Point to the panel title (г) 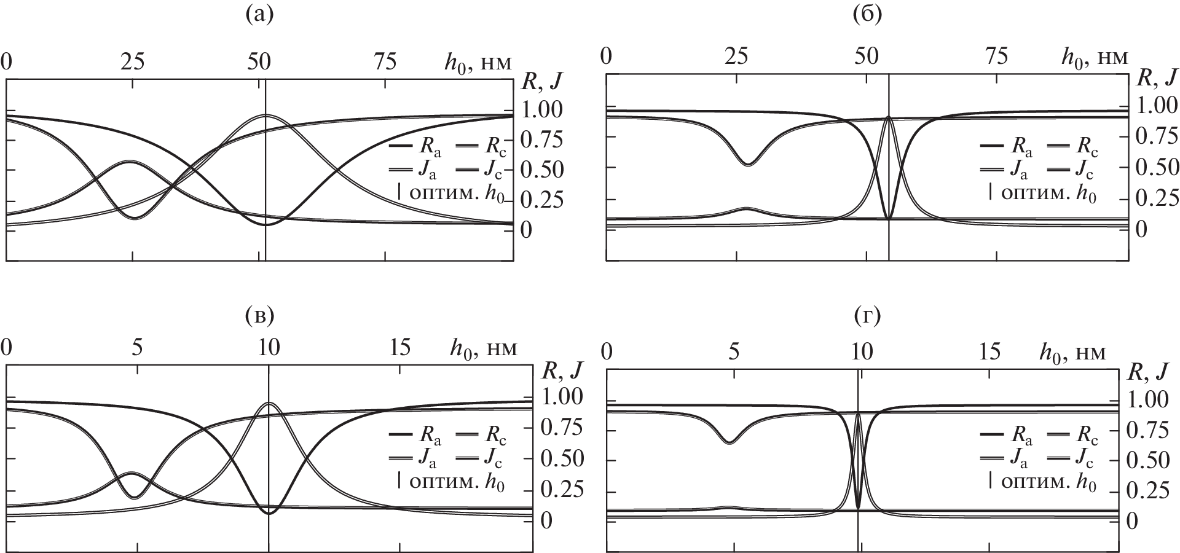coord(867,317)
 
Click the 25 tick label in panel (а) coord(133,61)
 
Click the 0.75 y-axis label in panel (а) coord(541,140)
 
